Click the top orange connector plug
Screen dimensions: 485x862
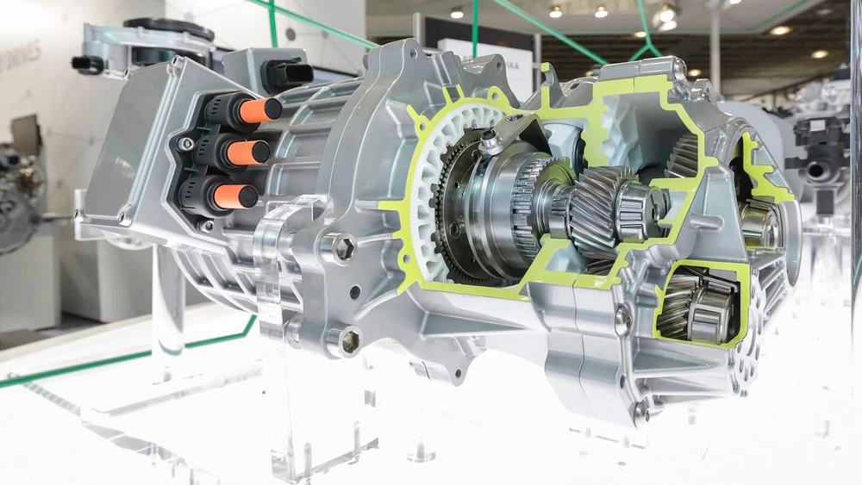coord(259,110)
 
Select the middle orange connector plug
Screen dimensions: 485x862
coord(247,152)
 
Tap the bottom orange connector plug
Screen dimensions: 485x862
coord(235,196)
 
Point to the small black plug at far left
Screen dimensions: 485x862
coord(87,64)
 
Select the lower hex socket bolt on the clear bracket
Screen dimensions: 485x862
coord(349,341)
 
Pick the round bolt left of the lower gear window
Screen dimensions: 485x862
coord(622,320)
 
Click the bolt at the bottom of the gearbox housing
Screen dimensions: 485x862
coord(641,412)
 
